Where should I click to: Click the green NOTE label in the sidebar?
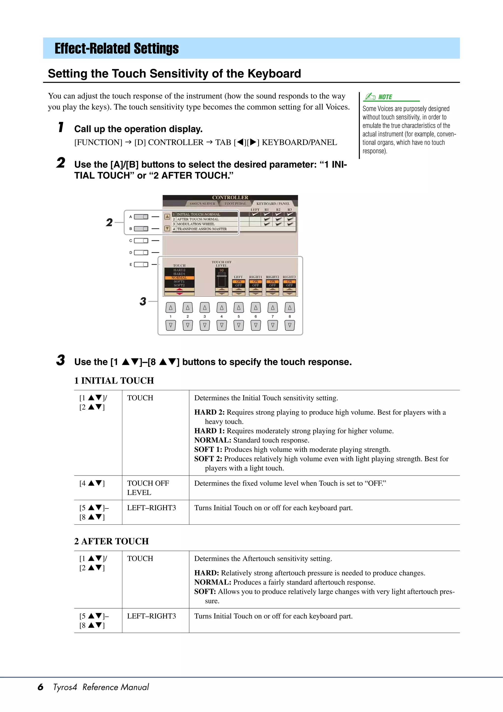[x=385, y=97]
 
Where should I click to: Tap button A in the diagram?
[x=141, y=217]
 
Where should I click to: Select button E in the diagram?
[x=141, y=264]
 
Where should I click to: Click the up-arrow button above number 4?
[x=222, y=308]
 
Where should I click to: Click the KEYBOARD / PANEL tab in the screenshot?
[x=273, y=204]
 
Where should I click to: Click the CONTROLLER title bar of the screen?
[x=230, y=198]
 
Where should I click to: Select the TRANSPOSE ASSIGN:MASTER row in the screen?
[x=202, y=229]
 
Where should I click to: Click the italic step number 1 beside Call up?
[x=61, y=128]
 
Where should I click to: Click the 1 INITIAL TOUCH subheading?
[x=114, y=380]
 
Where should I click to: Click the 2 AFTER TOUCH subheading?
[x=112, y=541]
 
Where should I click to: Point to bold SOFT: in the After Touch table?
[x=205, y=591]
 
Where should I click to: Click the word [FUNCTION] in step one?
[x=98, y=142]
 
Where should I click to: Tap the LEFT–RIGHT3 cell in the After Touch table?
[x=151, y=616]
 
